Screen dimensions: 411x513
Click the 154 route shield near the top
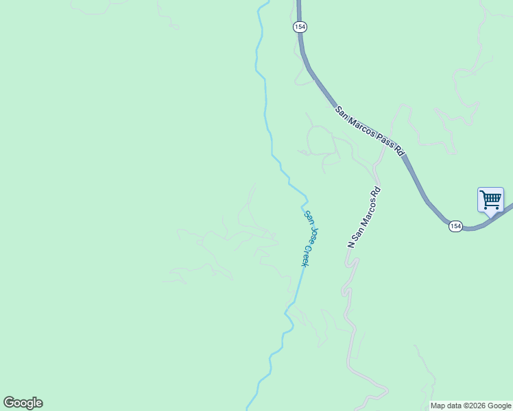pos(300,27)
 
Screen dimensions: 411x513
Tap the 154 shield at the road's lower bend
pos(455,225)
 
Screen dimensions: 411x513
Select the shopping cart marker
pos(490,200)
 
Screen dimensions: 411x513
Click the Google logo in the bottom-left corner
pos(23,403)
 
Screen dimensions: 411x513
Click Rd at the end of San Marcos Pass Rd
pos(399,150)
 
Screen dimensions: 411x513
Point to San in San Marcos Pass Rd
pos(342,110)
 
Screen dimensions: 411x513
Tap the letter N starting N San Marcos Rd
pos(351,244)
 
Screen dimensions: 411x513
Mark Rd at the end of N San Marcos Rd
pos(376,191)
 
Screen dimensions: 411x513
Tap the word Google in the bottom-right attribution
pos(500,406)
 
